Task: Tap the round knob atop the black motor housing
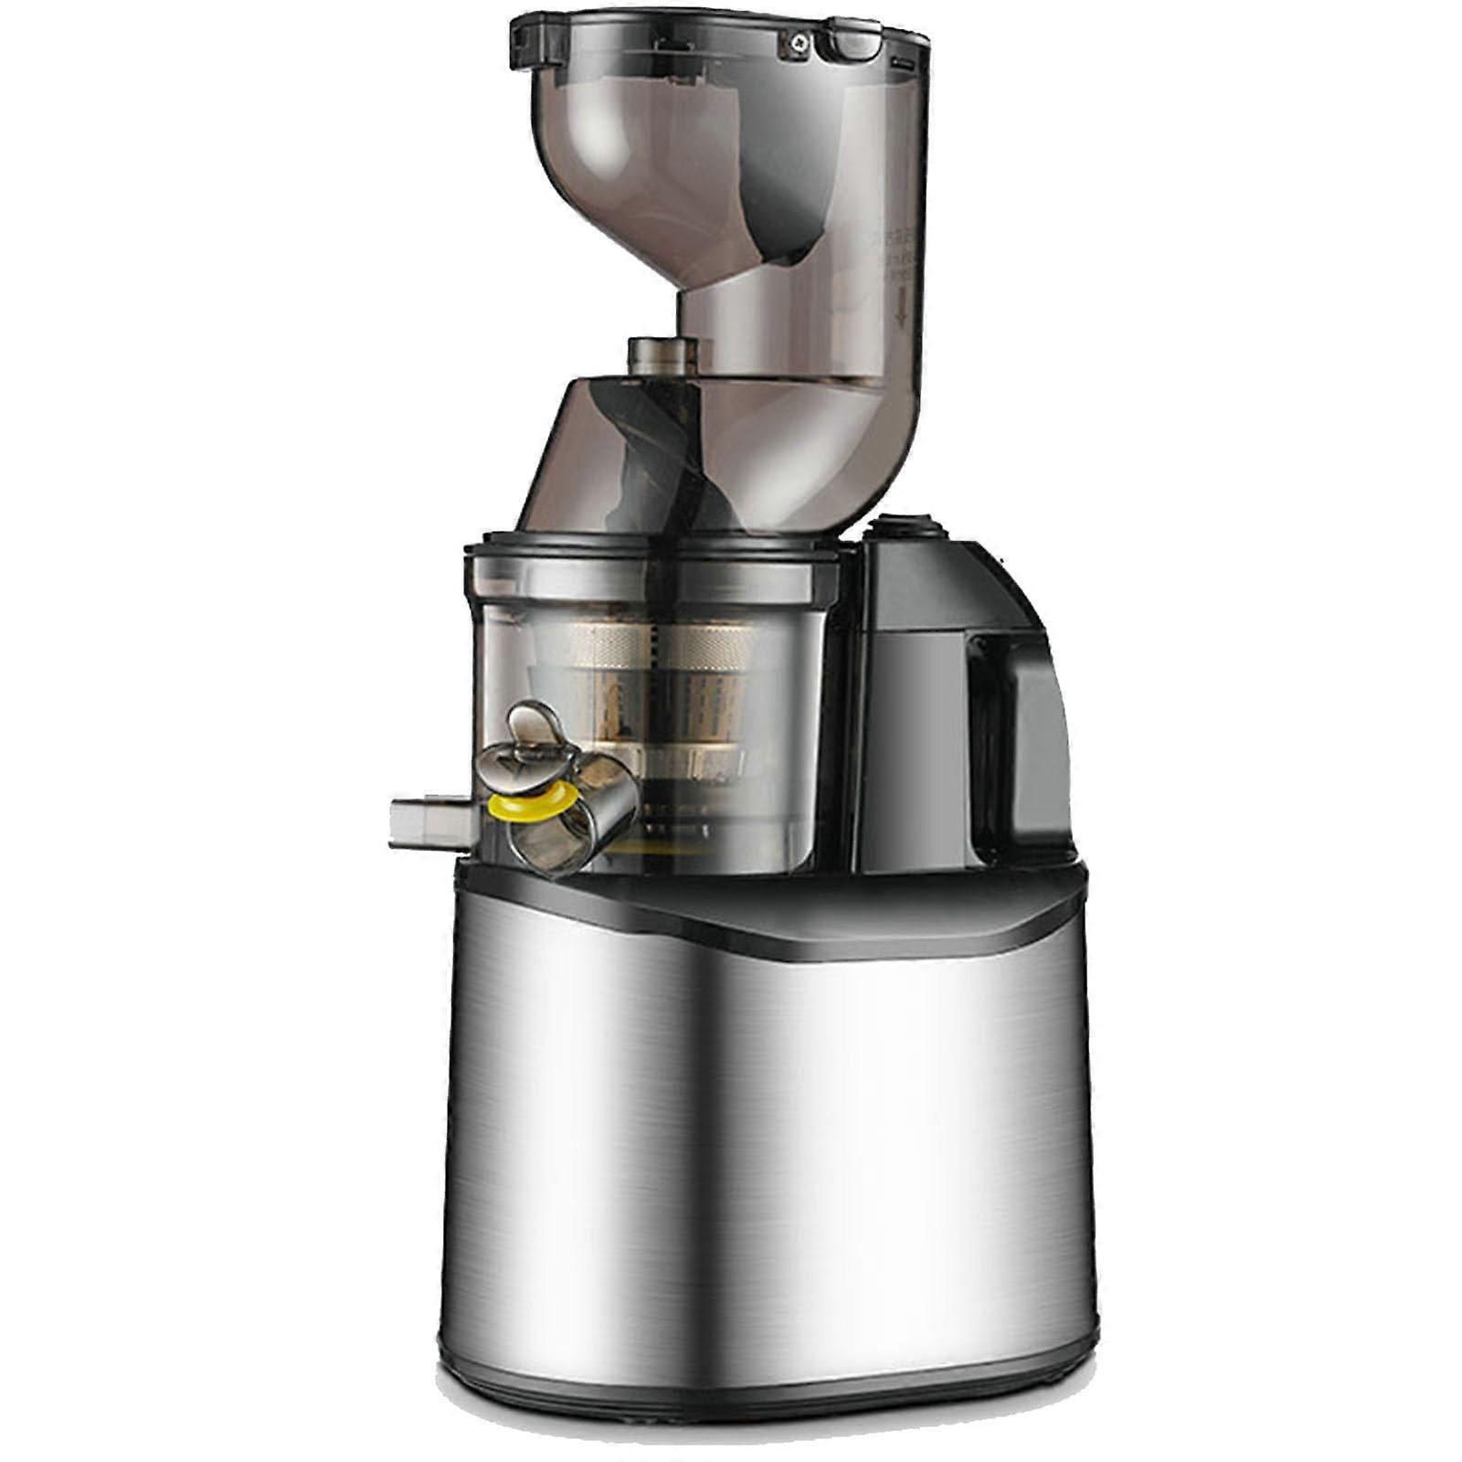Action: [x=903, y=527]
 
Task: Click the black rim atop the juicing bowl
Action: [x=653, y=553]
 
